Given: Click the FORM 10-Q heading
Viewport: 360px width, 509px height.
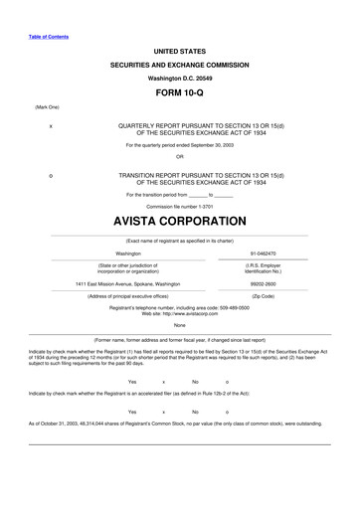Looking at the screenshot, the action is point(179,89).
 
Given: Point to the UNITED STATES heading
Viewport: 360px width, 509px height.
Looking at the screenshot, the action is point(179,49).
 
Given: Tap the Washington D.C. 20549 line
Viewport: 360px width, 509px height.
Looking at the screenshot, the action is point(179,77).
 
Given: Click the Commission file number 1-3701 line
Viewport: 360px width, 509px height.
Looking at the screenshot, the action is point(179,206).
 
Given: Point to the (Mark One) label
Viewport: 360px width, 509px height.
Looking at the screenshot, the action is point(48,105).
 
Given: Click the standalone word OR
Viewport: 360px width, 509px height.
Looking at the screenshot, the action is point(179,156).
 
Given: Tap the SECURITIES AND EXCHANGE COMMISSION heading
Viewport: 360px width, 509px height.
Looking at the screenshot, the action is point(179,63).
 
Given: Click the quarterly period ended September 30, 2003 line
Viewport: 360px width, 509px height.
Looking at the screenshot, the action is point(179,145).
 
